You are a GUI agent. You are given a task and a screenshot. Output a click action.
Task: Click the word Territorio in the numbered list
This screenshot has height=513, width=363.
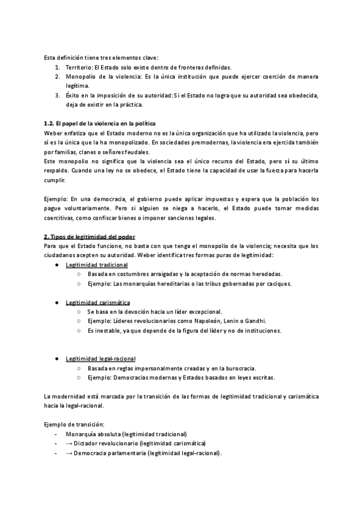click(x=79, y=67)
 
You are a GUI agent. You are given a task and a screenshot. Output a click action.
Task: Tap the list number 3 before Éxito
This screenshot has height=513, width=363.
click(x=57, y=95)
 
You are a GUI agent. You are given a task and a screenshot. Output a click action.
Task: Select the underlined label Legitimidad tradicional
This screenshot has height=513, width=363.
click(x=97, y=265)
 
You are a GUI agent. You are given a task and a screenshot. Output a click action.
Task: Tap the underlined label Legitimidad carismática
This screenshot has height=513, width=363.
click(x=98, y=302)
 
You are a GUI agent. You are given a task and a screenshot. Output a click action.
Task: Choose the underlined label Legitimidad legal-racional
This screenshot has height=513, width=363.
click(x=100, y=358)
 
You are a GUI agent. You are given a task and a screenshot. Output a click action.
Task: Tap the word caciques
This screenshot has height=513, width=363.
click(x=277, y=284)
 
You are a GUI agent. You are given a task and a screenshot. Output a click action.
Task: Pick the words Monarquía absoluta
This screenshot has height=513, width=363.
click(x=93, y=434)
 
